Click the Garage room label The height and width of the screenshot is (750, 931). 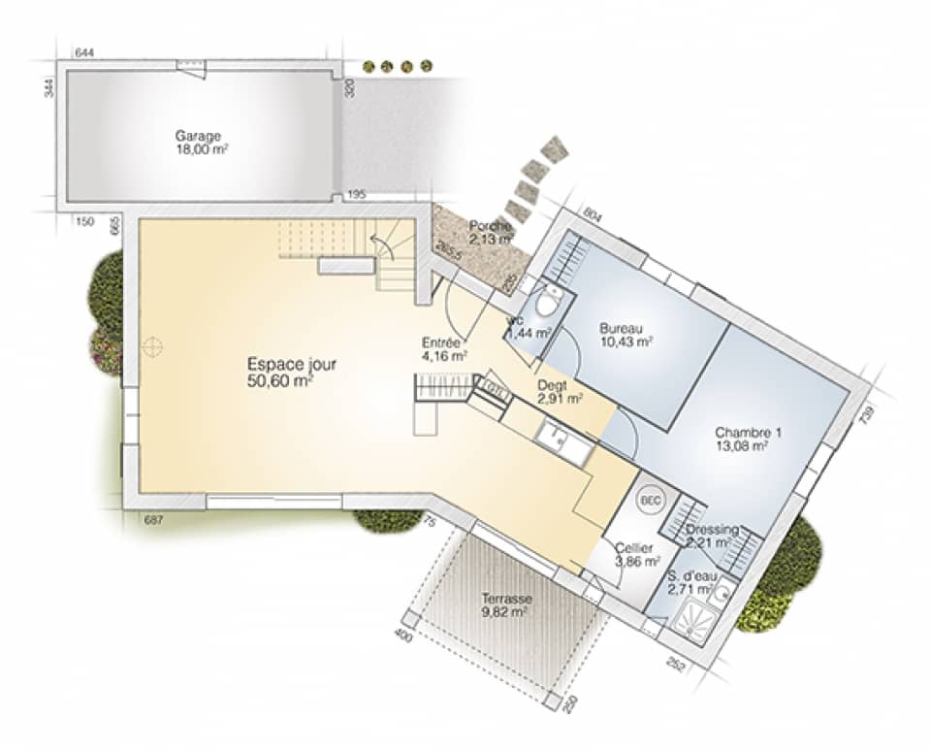199,136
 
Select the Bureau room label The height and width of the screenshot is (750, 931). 622,328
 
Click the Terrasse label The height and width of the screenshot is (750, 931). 505,600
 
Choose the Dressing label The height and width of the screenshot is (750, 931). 712,531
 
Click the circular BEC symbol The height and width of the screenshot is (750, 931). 649,502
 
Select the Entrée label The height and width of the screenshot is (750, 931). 441,342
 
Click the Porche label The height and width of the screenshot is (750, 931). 491,226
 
